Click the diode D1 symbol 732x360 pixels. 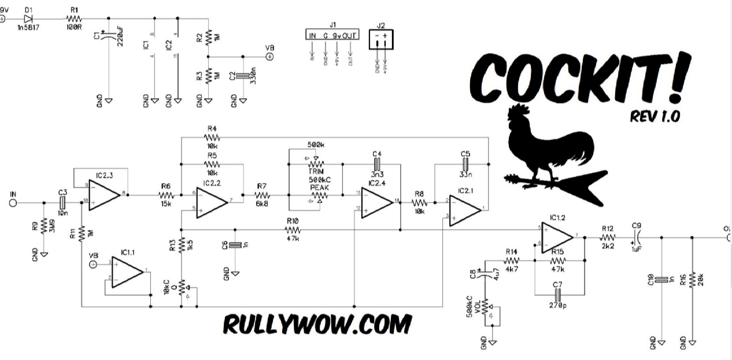click(28, 18)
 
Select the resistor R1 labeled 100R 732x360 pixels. click(75, 18)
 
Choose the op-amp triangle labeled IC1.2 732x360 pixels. click(555, 236)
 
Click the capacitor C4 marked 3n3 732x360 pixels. click(377, 164)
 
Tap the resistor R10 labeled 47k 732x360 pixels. click(292, 230)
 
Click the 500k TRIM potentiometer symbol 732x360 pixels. click(315, 164)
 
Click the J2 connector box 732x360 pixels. click(380, 40)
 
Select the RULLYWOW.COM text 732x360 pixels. click(318, 324)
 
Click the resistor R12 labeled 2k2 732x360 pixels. click(607, 236)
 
